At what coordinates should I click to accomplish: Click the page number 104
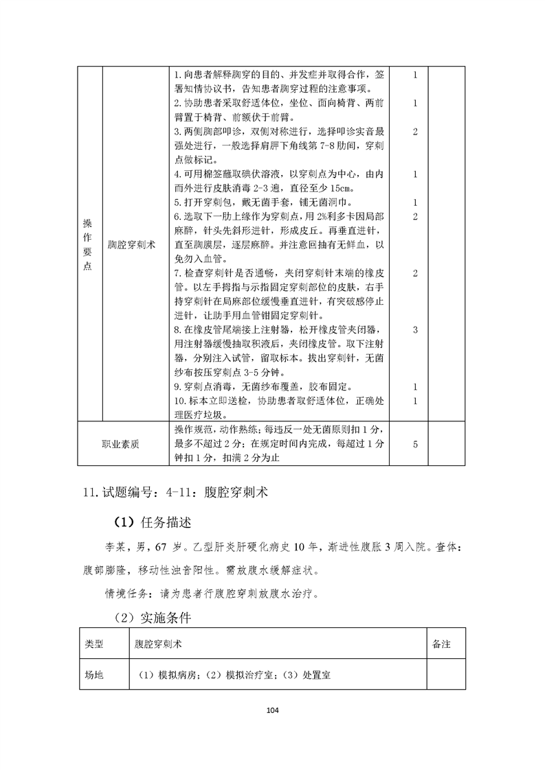[273, 710]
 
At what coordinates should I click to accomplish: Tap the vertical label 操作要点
[87, 244]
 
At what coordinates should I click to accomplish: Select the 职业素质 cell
[120, 444]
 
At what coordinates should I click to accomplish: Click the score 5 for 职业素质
[415, 444]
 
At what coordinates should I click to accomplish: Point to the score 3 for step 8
[415, 330]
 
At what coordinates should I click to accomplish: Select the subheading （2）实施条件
[152, 618]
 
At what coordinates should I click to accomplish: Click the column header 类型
[94, 645]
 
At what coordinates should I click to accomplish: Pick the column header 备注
[441, 645]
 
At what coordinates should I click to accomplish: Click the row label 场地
[94, 675]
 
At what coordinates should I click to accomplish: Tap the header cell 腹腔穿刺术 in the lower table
[159, 645]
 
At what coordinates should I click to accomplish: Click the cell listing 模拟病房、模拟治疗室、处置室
[234, 675]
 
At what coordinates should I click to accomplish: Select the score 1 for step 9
[415, 387]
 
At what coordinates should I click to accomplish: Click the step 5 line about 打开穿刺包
[263, 202]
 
